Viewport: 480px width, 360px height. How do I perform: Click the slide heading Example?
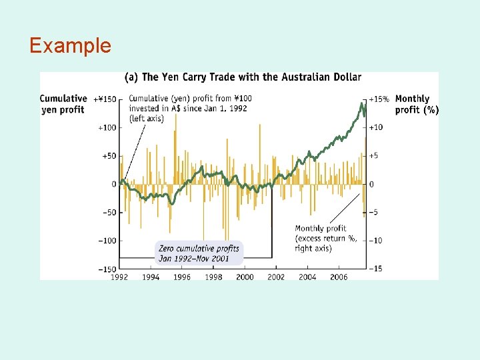(70, 45)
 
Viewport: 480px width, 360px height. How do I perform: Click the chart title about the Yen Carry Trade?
(243, 77)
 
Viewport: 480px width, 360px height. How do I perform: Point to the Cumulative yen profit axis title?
(63, 104)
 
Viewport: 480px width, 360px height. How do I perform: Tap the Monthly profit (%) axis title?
(417, 104)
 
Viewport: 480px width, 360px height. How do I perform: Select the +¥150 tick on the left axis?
(105, 99)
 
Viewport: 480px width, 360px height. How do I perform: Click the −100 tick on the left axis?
(107, 241)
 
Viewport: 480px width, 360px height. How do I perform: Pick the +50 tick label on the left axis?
(109, 156)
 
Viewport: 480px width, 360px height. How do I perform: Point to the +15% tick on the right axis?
(379, 99)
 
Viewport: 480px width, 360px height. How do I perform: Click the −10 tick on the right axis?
(375, 241)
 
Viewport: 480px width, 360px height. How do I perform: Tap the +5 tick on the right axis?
(373, 155)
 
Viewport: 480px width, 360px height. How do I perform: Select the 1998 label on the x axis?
(213, 277)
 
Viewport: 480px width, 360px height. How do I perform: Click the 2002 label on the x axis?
(276, 277)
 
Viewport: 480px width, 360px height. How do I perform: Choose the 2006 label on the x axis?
(339, 277)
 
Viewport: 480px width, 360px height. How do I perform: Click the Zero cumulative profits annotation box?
(199, 253)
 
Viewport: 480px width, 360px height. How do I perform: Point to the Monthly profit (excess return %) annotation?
(326, 238)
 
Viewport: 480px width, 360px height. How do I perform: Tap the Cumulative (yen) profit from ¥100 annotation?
(190, 109)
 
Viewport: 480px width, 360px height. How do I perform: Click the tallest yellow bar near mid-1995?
(176, 149)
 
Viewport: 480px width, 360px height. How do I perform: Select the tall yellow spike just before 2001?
(260, 154)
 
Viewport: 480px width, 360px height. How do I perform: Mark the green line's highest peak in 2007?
(361, 103)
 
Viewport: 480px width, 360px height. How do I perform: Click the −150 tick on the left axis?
(107, 269)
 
